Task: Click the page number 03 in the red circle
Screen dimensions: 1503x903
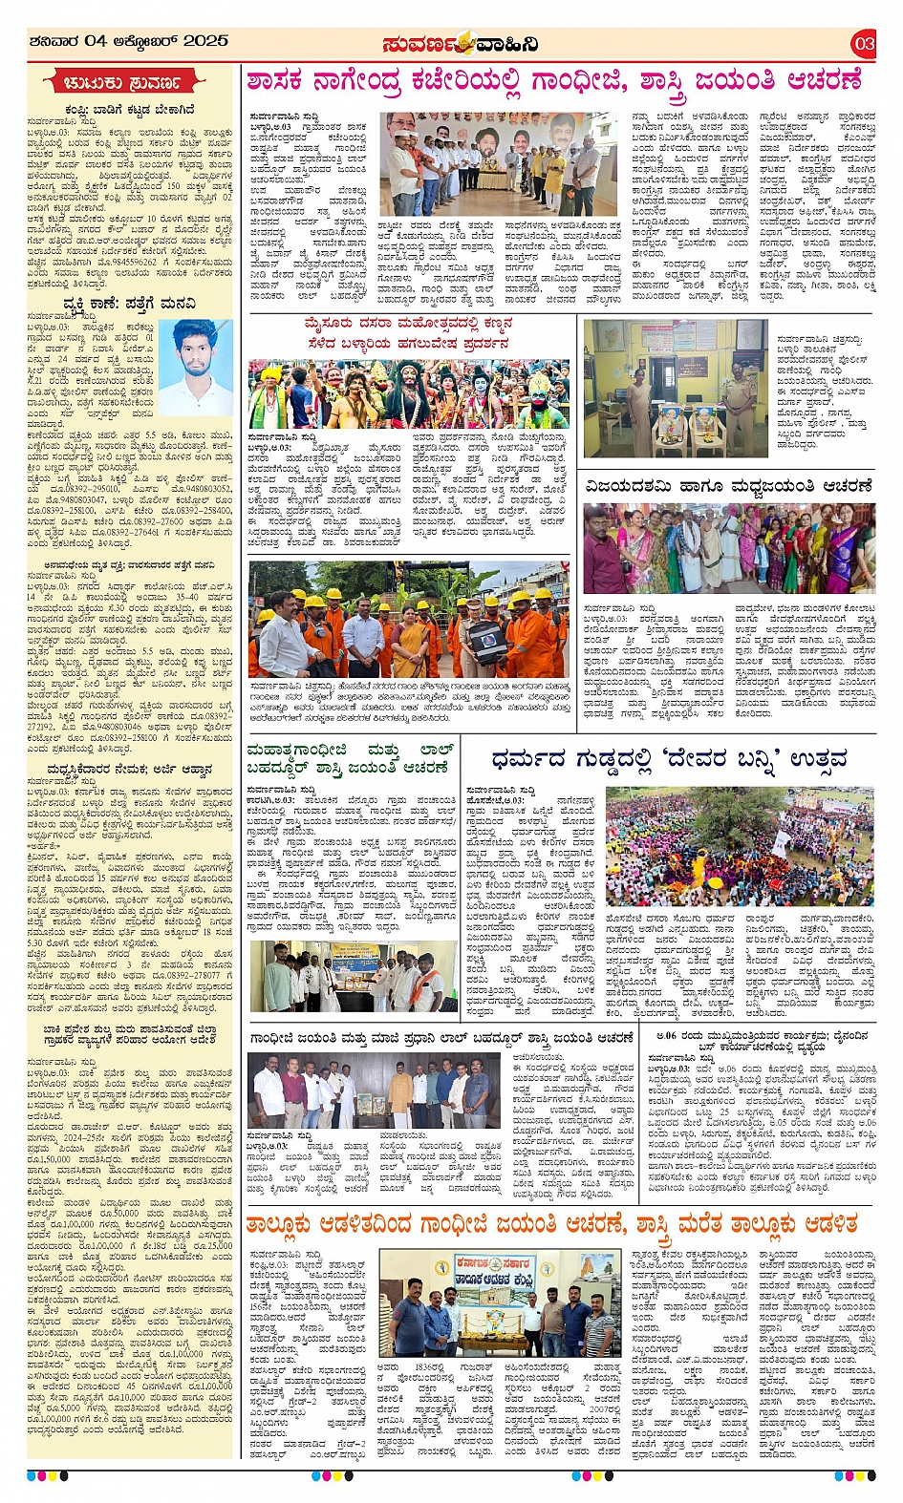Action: tap(864, 42)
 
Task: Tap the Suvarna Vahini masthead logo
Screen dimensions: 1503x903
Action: tap(461, 43)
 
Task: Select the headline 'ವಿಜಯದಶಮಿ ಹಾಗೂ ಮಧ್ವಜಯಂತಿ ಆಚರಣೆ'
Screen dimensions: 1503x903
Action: tap(729, 486)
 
